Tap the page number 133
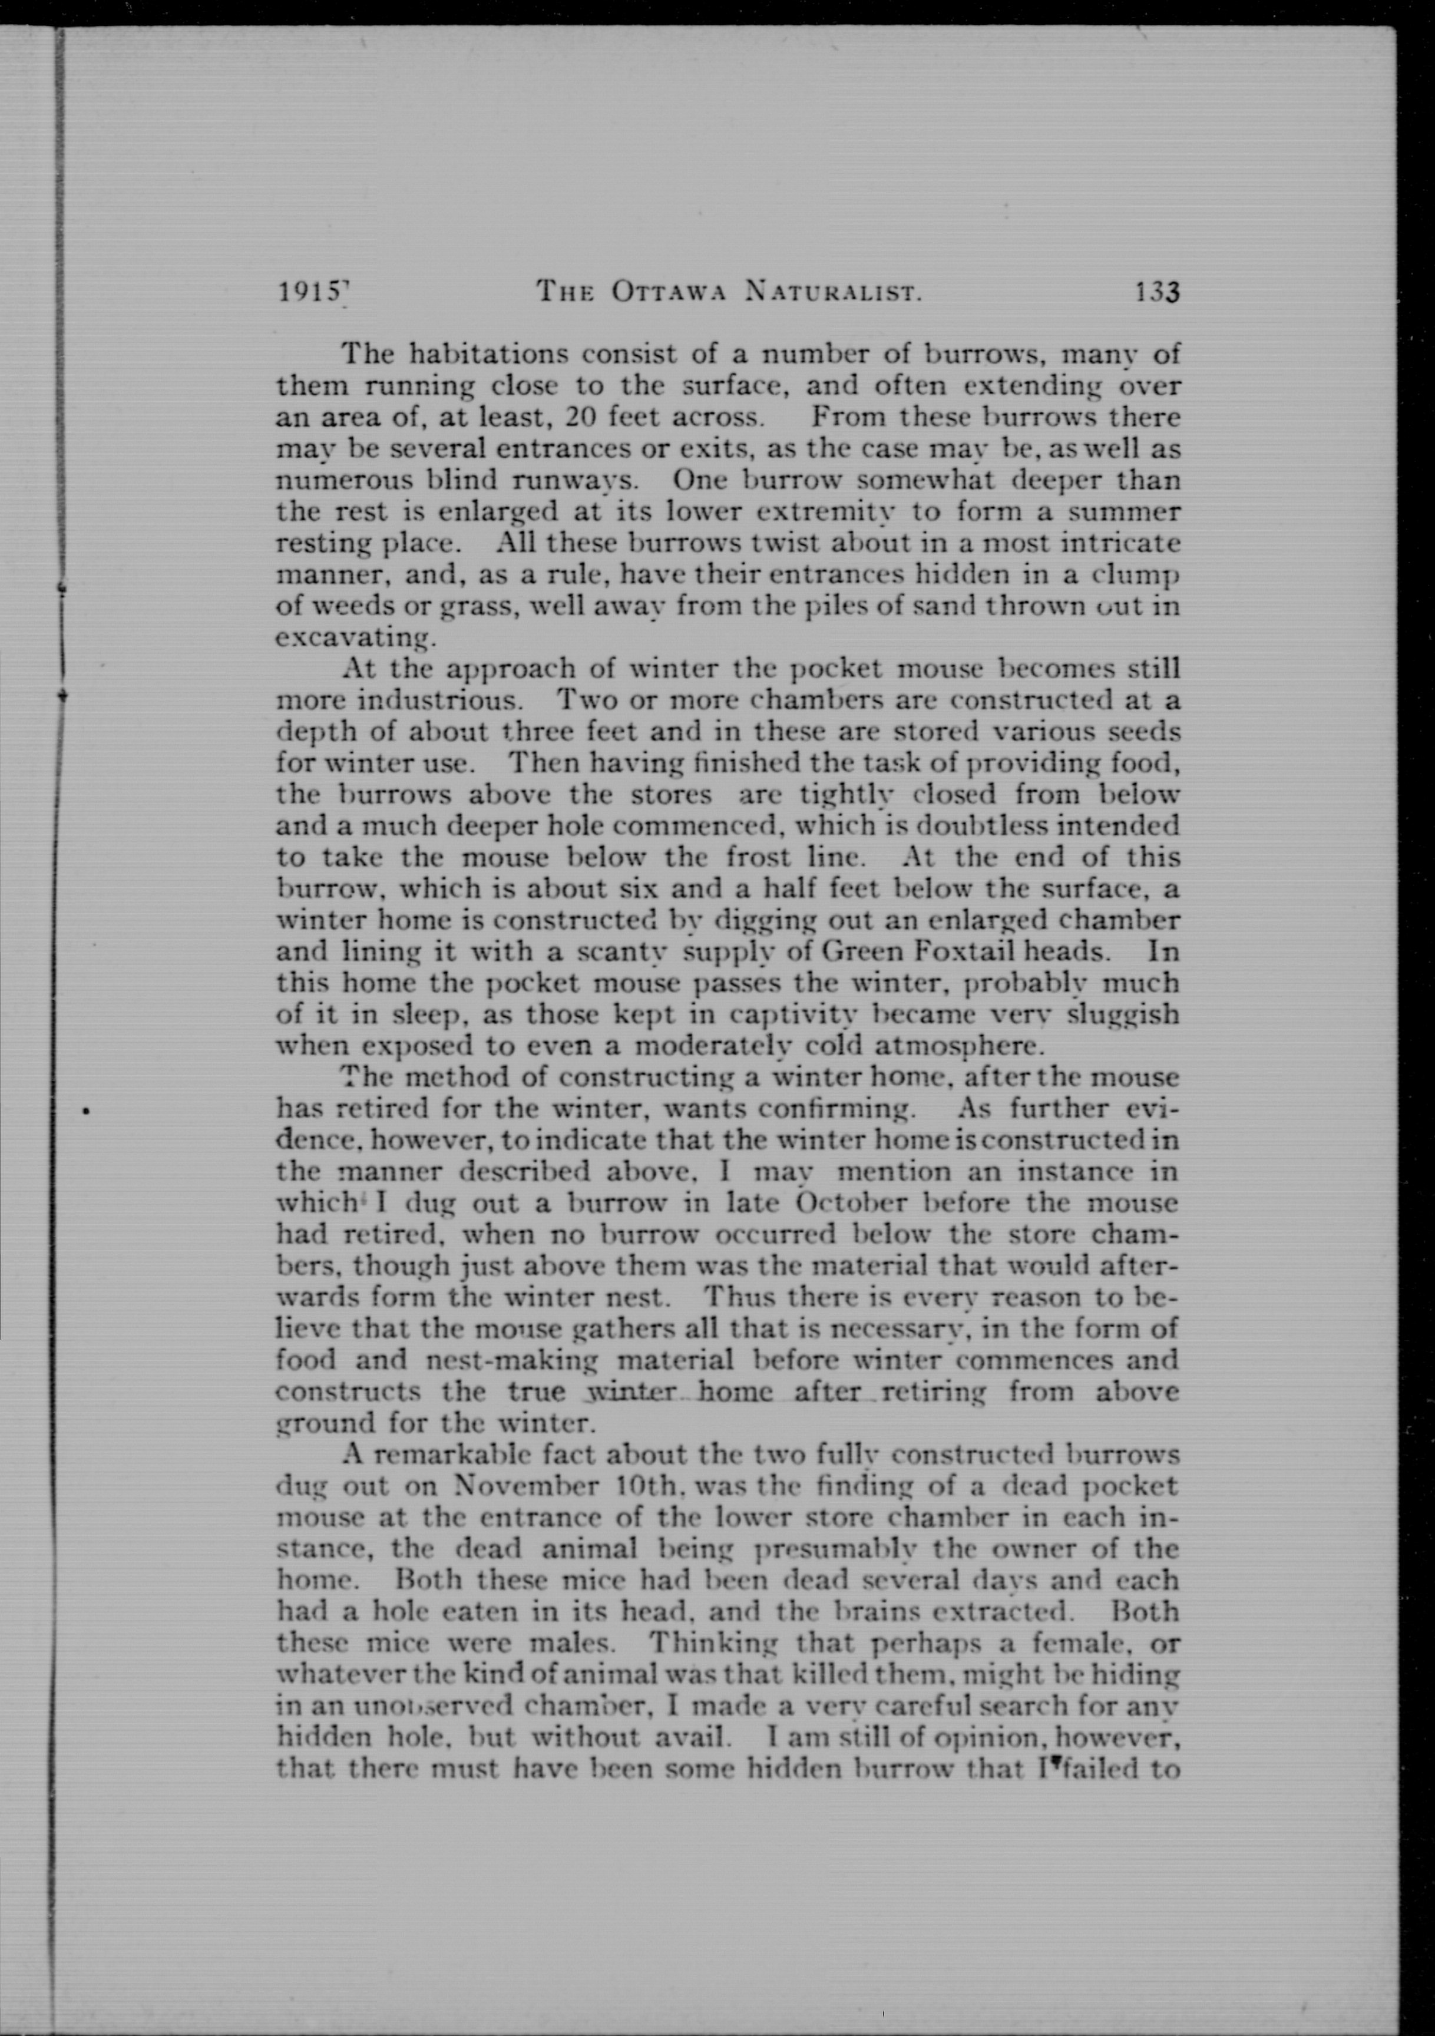[x=1156, y=293]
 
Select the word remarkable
[x=455, y=1455]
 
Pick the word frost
[x=759, y=858]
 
